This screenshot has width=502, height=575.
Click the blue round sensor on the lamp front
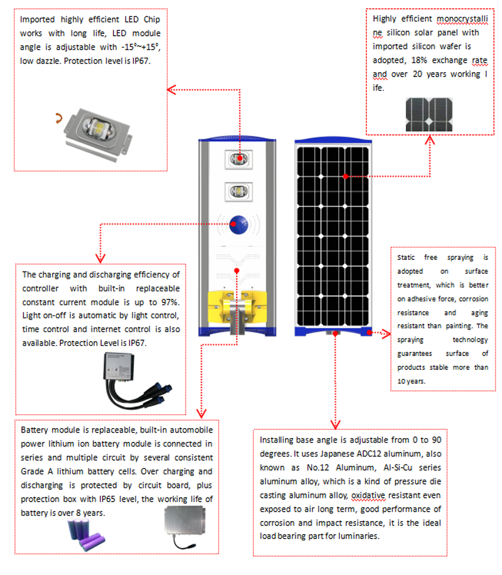click(x=238, y=222)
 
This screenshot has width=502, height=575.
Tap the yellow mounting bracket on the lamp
click(x=238, y=305)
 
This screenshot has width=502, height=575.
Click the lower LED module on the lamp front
click(x=238, y=190)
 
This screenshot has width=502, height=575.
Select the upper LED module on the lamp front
click(x=238, y=157)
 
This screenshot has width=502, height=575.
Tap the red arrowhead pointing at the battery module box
click(x=200, y=414)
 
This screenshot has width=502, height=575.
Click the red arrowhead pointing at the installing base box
click(x=336, y=424)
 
